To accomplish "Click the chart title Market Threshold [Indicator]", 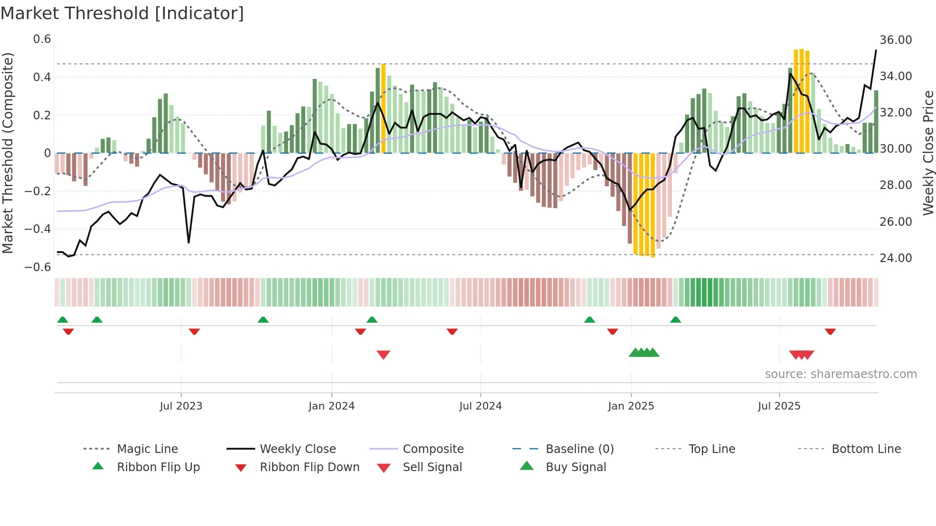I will [x=122, y=13].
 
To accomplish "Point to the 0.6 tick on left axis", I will [x=42, y=39].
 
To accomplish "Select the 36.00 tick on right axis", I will [x=895, y=40].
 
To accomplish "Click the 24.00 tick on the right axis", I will [x=895, y=258].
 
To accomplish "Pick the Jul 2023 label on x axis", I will [x=181, y=406].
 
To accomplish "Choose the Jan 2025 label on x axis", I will [x=631, y=406].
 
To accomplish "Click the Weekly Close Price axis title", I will [x=928, y=153].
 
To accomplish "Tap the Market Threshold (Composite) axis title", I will [x=8, y=153].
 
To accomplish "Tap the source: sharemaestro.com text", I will [x=840, y=374].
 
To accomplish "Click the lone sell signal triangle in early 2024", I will [x=383, y=355].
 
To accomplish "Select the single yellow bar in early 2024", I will [x=383, y=108].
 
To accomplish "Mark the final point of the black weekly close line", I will [x=876, y=50].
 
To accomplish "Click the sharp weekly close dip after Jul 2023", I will [x=189, y=242].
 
